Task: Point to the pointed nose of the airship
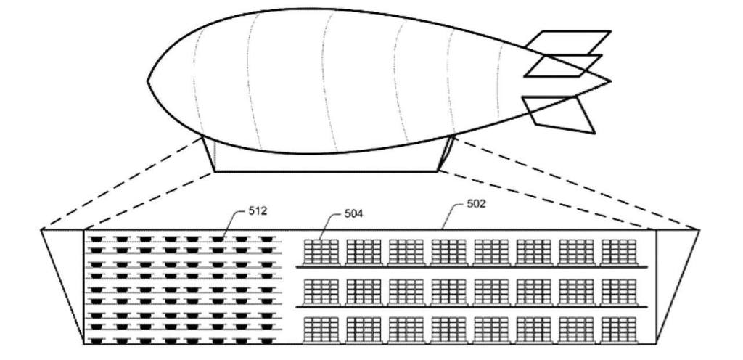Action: tap(149, 81)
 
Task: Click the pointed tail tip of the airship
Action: tap(609, 81)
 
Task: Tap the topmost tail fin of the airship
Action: tap(566, 42)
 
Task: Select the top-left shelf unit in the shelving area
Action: tap(321, 252)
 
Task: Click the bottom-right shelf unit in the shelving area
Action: tap(619, 330)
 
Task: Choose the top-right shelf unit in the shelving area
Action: tap(619, 252)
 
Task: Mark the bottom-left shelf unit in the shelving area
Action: tap(321, 330)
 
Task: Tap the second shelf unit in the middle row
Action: tap(364, 291)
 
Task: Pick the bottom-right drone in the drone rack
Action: tap(266, 340)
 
